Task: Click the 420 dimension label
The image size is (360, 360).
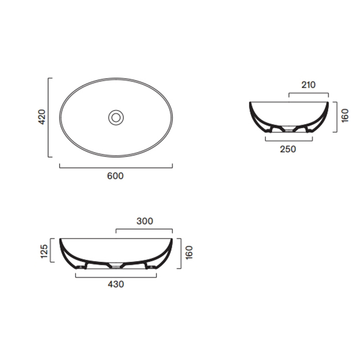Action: click(42, 117)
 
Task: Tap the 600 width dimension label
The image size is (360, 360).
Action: click(115, 176)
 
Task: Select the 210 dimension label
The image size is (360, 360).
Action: click(309, 85)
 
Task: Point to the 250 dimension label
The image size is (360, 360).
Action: click(288, 149)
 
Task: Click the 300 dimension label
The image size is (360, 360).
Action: click(145, 221)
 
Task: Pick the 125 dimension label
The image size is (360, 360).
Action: click(44, 251)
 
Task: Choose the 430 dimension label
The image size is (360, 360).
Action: click(116, 284)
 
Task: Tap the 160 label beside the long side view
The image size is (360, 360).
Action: click(189, 253)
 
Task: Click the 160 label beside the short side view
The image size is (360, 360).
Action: click(345, 116)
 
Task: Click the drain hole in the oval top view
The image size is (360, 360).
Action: click(116, 118)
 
